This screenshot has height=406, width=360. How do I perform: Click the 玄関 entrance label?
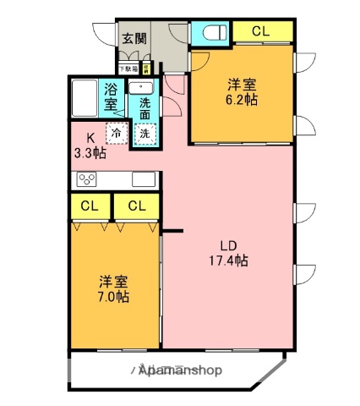tap(134, 38)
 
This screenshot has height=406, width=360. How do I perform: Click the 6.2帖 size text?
tap(242, 99)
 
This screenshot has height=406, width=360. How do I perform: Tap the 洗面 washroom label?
tap(145, 109)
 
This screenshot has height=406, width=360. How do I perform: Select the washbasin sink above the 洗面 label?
tap(141, 87)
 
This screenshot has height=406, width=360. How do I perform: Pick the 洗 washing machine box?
tap(145, 133)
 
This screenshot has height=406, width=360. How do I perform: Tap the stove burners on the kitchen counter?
tap(88, 178)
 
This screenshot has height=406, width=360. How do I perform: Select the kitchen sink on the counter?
tap(143, 178)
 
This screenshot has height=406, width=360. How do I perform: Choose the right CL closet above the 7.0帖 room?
tap(136, 206)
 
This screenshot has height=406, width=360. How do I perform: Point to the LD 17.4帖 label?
tap(228, 254)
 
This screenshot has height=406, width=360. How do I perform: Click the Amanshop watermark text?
tap(180, 370)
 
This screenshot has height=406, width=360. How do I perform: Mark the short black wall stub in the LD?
tap(172, 230)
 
